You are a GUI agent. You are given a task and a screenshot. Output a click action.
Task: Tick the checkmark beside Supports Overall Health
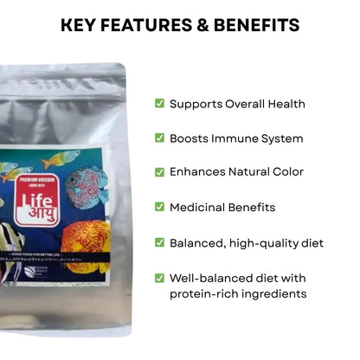pos(159,104)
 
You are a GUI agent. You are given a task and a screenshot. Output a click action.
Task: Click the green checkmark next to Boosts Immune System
pos(159,138)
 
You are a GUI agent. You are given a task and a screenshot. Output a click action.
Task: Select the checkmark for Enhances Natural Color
pos(159,172)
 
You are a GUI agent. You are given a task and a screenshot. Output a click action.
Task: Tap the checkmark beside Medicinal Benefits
pos(159,207)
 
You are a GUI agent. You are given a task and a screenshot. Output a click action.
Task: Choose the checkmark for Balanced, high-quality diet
pos(159,243)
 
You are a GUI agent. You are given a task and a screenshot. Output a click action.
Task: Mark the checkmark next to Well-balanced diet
pos(159,278)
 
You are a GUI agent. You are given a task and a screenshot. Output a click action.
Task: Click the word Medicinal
pos(200,207)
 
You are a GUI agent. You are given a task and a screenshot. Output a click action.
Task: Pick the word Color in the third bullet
pos(286,172)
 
